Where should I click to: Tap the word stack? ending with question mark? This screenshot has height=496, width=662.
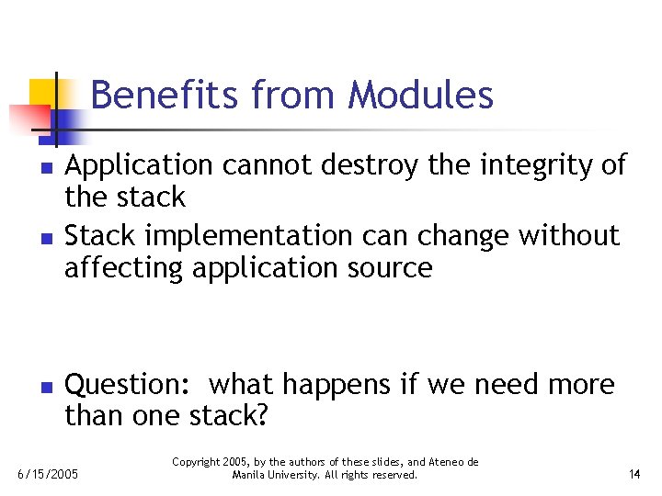point(228,417)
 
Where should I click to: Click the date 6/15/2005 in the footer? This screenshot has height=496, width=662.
point(49,475)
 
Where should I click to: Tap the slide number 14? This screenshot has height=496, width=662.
point(634,475)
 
